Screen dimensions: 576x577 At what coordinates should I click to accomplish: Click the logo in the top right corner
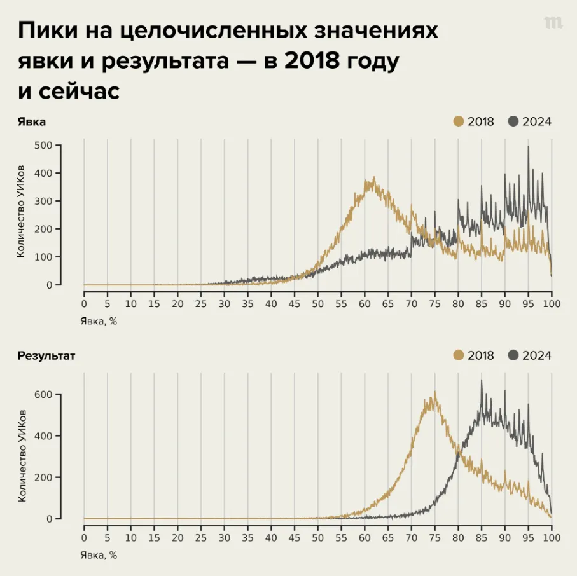click(553, 23)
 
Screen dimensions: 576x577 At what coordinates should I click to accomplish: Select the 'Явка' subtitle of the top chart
click(32, 121)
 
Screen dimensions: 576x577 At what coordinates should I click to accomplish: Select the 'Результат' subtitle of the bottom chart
click(46, 355)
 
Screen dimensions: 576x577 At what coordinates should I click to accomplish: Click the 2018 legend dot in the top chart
click(459, 121)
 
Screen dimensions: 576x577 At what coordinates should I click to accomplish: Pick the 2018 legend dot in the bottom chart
click(459, 355)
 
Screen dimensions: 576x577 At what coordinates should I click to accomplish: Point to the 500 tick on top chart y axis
click(43, 145)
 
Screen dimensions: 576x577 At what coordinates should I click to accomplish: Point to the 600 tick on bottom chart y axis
click(43, 394)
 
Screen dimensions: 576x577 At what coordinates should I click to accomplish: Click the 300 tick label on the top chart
click(43, 201)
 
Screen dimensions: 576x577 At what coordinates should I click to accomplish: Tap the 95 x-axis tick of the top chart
click(528, 303)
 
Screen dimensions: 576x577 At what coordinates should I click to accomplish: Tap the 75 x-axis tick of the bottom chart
click(434, 537)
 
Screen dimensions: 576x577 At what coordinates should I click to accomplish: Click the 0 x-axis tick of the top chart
click(84, 303)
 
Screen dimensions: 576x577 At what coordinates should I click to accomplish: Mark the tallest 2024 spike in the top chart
click(528, 147)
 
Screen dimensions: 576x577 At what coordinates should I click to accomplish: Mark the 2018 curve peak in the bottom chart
click(435, 393)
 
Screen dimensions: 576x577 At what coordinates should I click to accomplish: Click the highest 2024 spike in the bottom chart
click(482, 381)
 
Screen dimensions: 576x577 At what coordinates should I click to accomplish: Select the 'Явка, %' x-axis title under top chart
click(99, 320)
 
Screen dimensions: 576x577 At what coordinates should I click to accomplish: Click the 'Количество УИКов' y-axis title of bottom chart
click(22, 456)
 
